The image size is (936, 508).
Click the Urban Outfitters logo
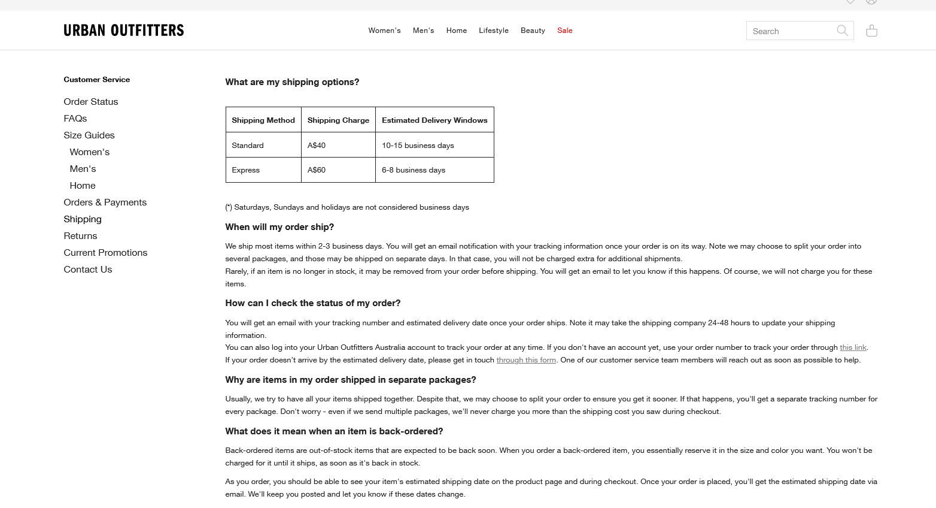[124, 31]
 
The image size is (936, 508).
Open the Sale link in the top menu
[564, 31]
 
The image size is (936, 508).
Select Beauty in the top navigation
[533, 31]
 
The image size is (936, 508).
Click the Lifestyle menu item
[493, 31]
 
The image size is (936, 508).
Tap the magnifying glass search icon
[842, 31]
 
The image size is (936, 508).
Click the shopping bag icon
[871, 31]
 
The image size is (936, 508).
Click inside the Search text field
[790, 31]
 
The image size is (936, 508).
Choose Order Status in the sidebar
[91, 102]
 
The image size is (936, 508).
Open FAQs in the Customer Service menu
[75, 119]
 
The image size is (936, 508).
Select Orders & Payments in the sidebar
[105, 202]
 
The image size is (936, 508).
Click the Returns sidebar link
[80, 236]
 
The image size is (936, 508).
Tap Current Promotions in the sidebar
[105, 253]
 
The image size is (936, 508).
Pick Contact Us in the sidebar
[88, 270]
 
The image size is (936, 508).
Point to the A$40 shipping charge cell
[317, 146]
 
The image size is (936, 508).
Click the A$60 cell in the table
[317, 170]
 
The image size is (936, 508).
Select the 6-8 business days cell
[414, 170]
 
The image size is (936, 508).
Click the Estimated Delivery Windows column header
[434, 120]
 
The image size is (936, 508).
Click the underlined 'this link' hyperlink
[853, 347]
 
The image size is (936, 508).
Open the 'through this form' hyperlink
[526, 360]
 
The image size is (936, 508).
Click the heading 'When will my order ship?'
[279, 227]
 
